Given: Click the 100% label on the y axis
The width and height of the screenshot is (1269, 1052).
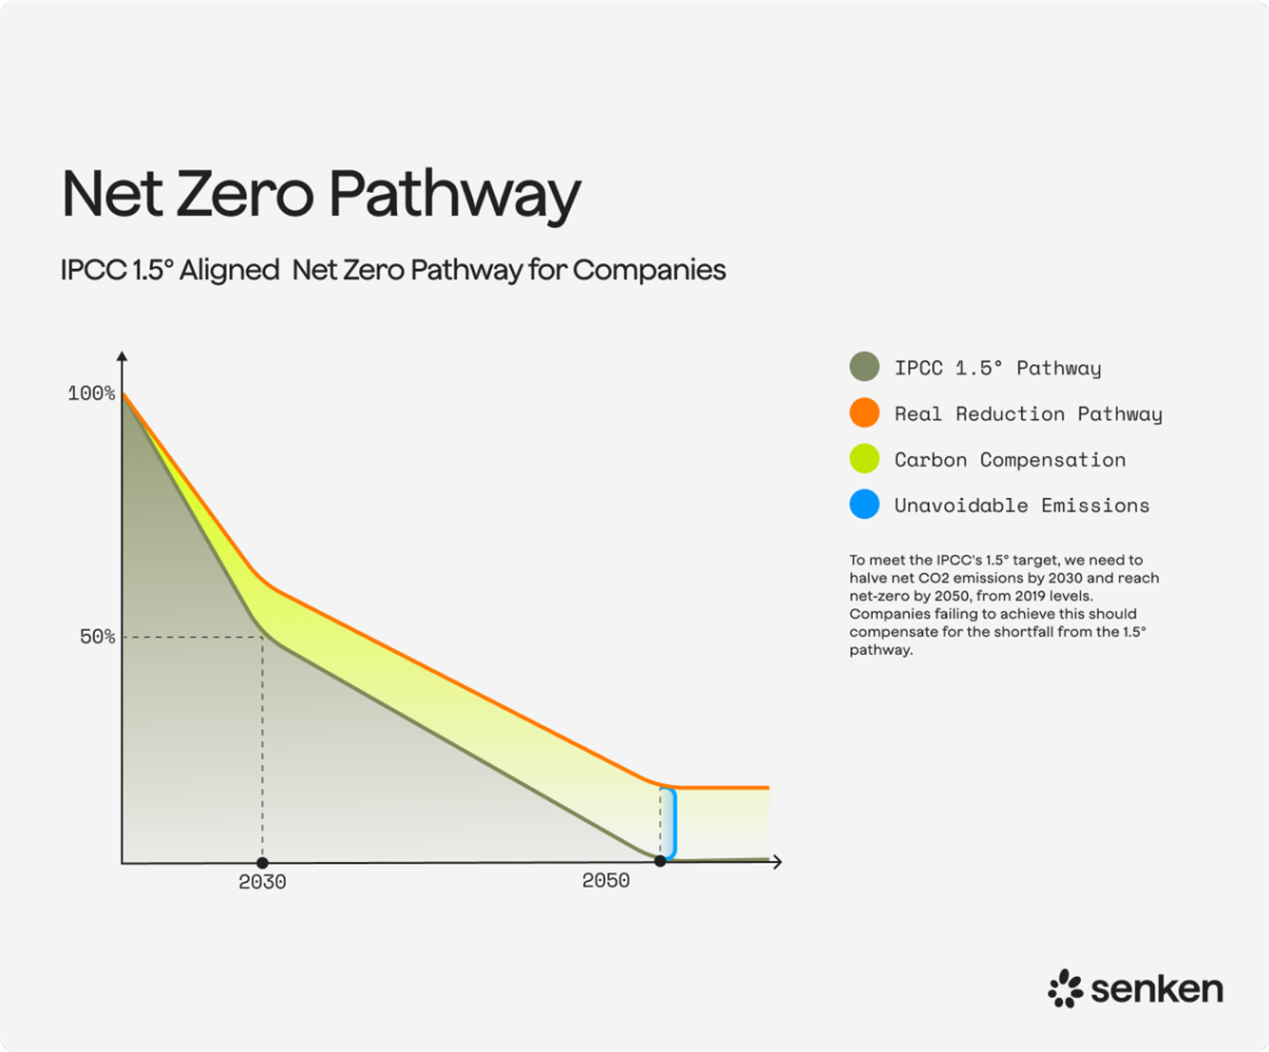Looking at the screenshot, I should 91,393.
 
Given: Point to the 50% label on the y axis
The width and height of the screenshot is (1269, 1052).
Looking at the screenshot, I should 97,636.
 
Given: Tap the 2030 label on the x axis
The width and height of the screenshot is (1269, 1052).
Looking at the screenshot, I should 262,882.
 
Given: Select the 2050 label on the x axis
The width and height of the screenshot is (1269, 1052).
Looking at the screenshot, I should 606,881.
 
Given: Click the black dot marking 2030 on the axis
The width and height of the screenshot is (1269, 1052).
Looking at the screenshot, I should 262,863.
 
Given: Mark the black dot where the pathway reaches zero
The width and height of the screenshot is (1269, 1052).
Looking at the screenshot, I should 660,861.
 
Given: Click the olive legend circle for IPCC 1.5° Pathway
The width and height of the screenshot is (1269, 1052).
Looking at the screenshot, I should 864,367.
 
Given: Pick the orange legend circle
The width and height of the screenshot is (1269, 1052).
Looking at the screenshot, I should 864,413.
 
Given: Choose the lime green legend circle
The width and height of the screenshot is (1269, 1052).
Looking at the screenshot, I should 864,459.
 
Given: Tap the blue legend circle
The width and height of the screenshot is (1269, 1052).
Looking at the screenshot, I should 864,504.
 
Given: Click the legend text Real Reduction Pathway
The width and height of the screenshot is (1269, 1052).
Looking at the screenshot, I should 1028,414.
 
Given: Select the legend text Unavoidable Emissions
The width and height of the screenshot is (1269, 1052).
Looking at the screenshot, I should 1022,506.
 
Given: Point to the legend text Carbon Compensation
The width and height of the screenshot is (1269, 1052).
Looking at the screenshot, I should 1009,460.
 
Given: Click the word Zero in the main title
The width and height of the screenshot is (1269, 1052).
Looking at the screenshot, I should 245,194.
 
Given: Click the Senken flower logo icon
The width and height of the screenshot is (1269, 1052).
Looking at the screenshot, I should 1065,989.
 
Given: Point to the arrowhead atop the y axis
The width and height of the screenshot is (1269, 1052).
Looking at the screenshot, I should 122,356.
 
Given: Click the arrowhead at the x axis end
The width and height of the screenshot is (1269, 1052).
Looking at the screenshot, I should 778,862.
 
